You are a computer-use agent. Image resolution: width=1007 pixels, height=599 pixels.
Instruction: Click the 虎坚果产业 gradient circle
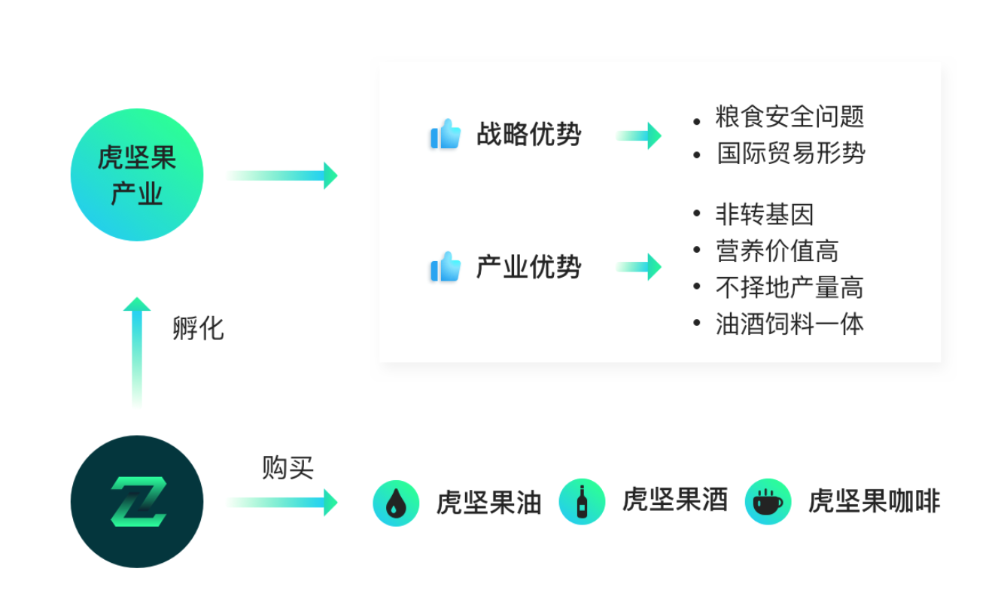click(137, 175)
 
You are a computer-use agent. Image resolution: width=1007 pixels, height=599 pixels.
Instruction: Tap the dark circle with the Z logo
click(137, 501)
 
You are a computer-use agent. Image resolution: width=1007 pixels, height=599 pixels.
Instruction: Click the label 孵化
click(198, 329)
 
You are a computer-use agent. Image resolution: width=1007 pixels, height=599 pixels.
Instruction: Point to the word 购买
click(287, 467)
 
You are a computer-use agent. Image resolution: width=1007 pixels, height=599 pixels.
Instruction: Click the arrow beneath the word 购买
click(282, 502)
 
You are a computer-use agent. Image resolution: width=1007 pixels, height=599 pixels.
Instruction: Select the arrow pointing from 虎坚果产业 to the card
click(282, 175)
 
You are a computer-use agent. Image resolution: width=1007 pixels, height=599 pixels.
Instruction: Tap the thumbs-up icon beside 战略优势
click(446, 135)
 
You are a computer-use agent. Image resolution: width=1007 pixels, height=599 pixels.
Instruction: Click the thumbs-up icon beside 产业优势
click(446, 267)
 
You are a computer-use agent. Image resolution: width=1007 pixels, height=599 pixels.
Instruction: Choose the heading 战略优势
click(528, 135)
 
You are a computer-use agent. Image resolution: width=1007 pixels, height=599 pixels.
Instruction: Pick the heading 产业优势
click(528, 267)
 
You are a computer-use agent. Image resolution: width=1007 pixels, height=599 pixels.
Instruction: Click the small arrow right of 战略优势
click(639, 135)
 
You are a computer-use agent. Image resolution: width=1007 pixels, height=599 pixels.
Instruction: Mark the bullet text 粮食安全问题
click(789, 117)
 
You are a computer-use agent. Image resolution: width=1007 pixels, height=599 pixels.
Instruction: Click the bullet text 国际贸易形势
click(790, 154)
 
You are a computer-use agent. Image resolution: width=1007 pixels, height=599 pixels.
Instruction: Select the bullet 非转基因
click(765, 214)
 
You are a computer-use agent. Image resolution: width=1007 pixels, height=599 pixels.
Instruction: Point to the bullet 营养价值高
click(777, 251)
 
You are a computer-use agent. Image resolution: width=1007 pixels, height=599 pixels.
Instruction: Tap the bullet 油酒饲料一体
click(789, 324)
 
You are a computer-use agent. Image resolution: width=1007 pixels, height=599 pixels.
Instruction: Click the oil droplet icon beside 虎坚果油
click(396, 503)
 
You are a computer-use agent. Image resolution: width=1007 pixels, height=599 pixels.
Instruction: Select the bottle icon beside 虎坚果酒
click(582, 501)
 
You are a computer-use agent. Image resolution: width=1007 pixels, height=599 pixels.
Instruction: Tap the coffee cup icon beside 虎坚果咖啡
click(768, 501)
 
